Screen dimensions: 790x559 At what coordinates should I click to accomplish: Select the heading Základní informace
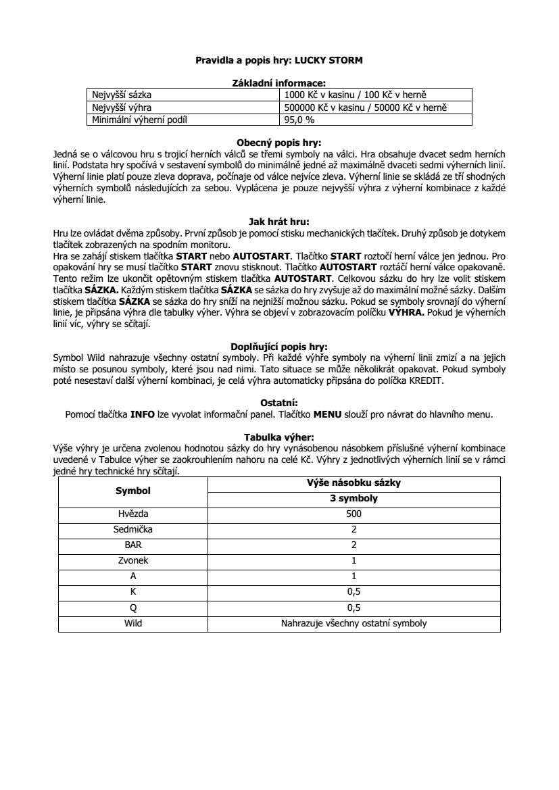279,82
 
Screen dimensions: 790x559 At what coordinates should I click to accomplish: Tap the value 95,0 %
299,120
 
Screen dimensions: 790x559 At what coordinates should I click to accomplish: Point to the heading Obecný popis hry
279,143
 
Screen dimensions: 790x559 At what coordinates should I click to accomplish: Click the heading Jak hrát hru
279,220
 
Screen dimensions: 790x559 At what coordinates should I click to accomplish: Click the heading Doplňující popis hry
279,347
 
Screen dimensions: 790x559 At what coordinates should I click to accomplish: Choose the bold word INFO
143,414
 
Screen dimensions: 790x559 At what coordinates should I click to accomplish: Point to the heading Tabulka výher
279,437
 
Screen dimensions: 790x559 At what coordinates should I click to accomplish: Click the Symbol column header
132,491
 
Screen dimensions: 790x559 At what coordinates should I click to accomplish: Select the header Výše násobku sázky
354,483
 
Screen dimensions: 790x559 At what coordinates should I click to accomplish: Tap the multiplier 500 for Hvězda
354,514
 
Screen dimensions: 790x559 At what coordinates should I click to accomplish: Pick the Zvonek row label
132,561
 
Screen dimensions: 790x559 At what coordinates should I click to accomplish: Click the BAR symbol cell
132,545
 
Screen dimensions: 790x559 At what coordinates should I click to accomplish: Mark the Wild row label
132,624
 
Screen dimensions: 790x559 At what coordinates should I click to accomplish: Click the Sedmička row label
132,529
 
